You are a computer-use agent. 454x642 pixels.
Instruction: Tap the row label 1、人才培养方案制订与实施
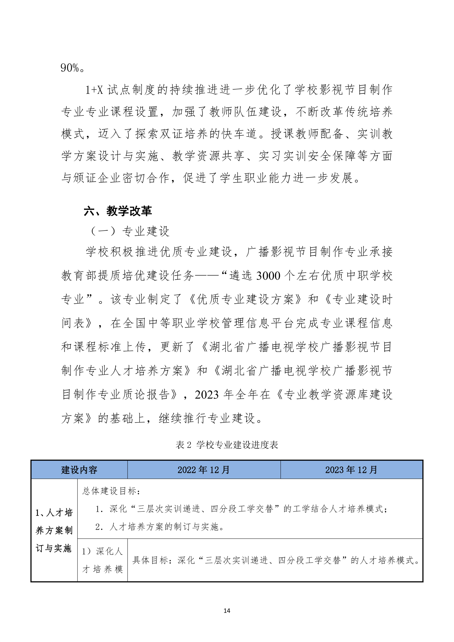click(x=54, y=530)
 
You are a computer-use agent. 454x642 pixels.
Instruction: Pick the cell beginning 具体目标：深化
click(x=276, y=560)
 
